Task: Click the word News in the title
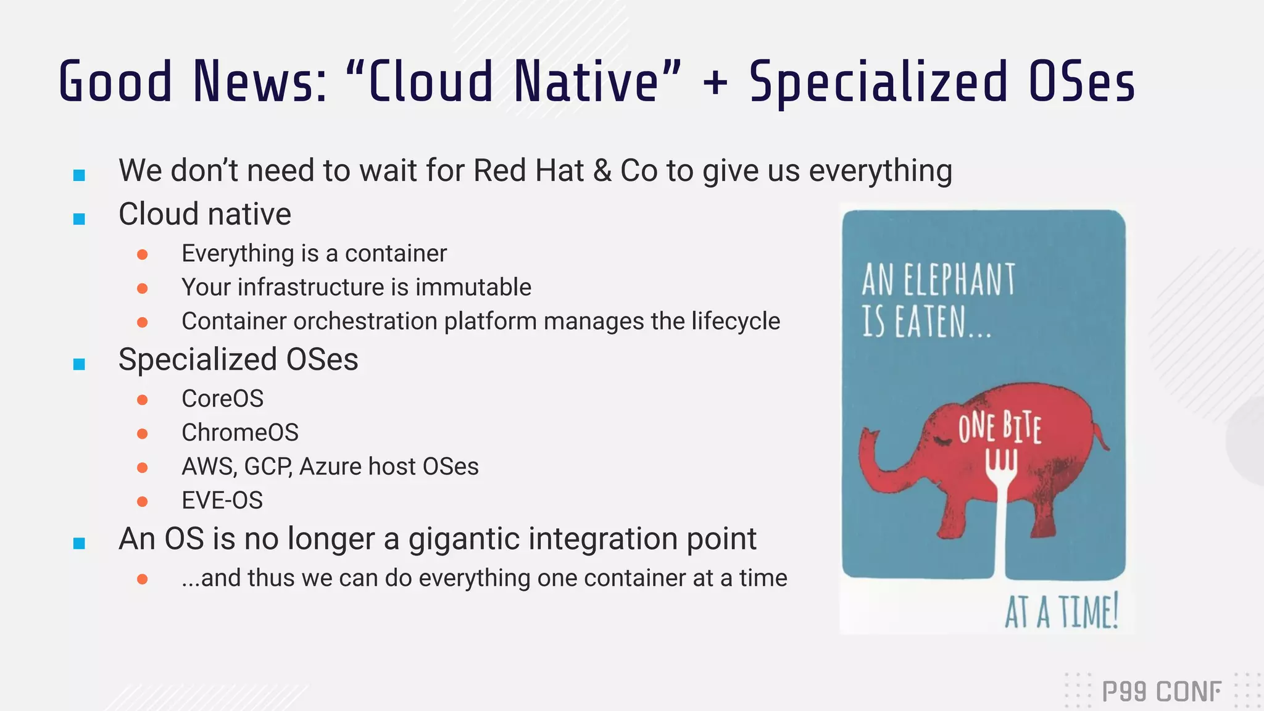(260, 81)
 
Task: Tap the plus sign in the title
(715, 83)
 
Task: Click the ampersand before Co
(602, 171)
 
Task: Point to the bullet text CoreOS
(222, 399)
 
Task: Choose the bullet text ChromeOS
(239, 433)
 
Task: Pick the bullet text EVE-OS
(222, 501)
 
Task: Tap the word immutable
(473, 288)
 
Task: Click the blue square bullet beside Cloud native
(79, 218)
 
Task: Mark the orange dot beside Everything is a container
(143, 254)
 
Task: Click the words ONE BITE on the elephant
(999, 427)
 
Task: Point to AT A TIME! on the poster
(1062, 612)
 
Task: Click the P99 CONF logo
(1161, 691)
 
